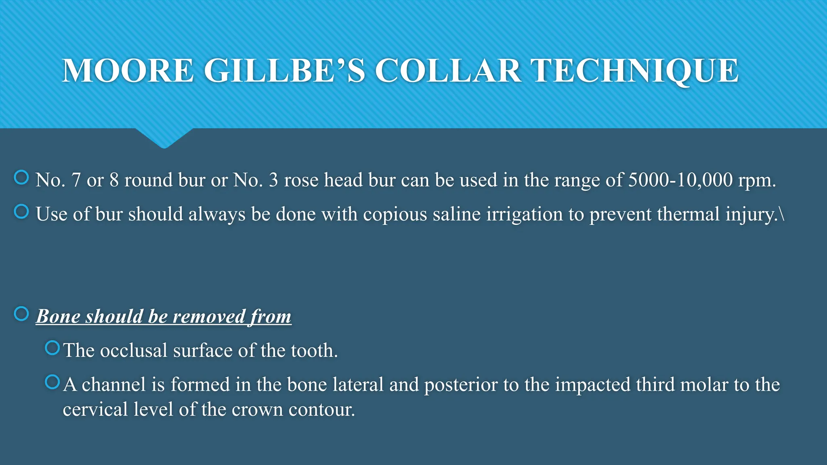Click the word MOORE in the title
click(128, 71)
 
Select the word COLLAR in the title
click(448, 71)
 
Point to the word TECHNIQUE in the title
click(634, 71)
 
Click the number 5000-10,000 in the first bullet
click(680, 180)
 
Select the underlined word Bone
click(58, 316)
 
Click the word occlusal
click(134, 350)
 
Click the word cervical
click(95, 410)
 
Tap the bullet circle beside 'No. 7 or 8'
click(21, 177)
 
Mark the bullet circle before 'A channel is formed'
click(52, 382)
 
